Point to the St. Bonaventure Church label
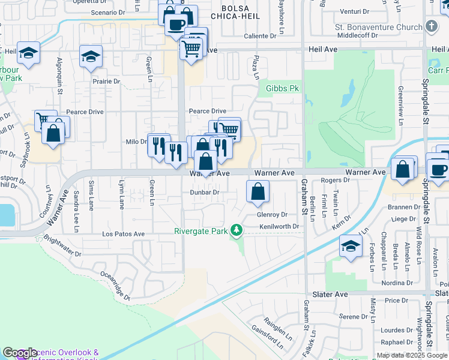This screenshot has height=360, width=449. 378,27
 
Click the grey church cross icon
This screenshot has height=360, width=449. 432,26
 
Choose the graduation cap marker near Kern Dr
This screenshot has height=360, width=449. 351,246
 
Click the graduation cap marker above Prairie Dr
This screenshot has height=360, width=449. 91,57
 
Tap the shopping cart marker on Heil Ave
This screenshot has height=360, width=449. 191,48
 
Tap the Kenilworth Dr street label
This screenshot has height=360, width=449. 279,226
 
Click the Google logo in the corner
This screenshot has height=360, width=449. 19,353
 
